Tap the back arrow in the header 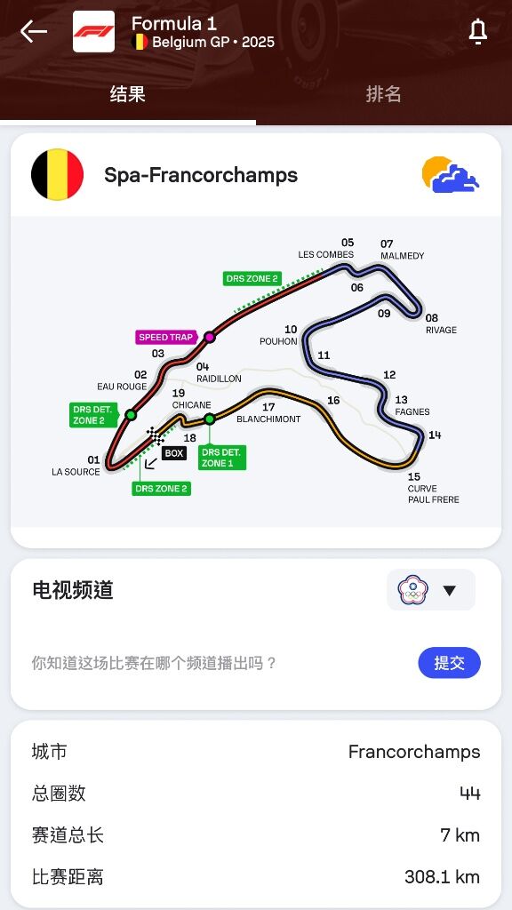[x=33, y=31]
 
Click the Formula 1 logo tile [x=93, y=31]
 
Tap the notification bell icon [x=477, y=31]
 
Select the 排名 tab [x=383, y=94]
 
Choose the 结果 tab [x=128, y=94]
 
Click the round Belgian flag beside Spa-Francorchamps [x=57, y=175]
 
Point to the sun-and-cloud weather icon [x=451, y=174]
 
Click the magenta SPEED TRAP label [x=165, y=337]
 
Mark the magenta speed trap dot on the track [x=210, y=337]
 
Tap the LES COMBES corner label [x=325, y=255]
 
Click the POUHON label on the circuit [x=278, y=341]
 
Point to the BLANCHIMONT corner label [x=268, y=419]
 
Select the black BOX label [x=174, y=453]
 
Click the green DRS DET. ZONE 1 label [x=221, y=458]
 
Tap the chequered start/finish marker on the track [x=155, y=435]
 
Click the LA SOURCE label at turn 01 [x=76, y=472]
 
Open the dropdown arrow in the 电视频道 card [x=449, y=590]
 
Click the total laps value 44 [x=469, y=793]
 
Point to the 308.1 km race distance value [x=443, y=876]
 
